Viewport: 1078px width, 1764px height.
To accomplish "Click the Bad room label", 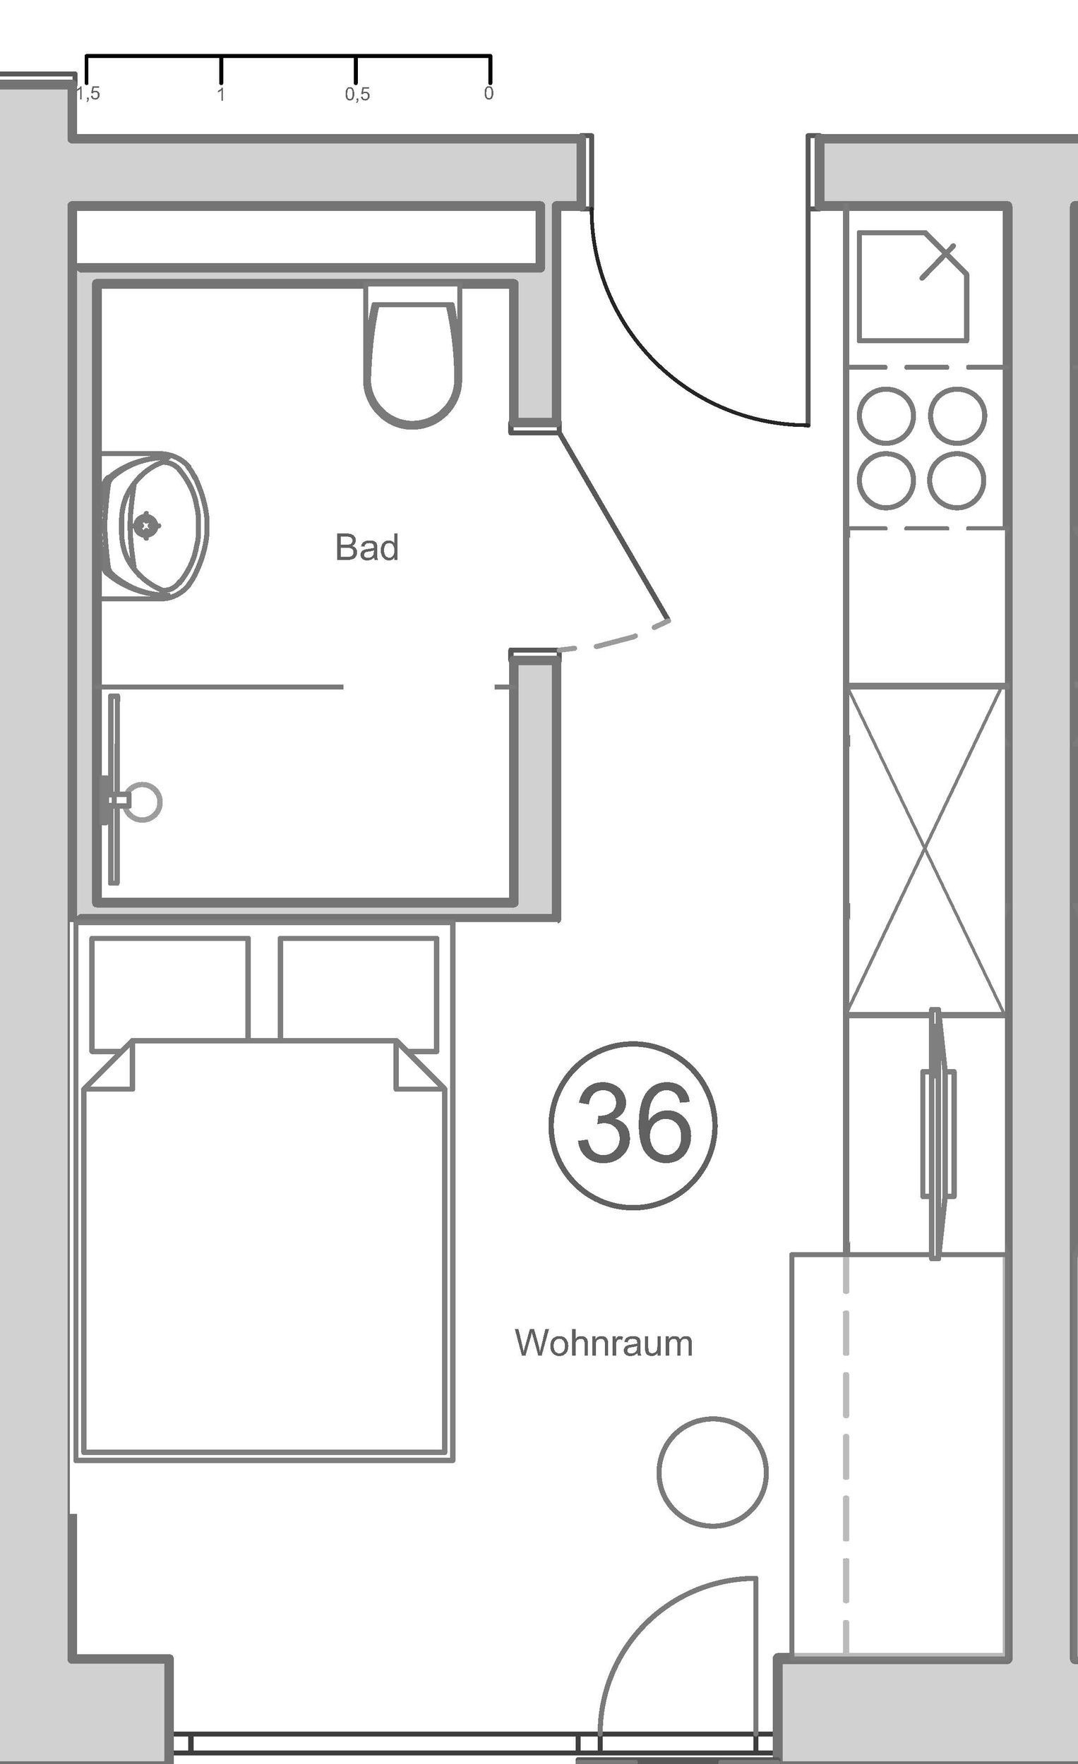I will pyautogui.click(x=366, y=548).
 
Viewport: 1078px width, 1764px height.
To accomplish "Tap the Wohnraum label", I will pyautogui.click(x=604, y=1343).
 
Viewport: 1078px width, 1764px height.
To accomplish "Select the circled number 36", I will pyautogui.click(x=633, y=1125).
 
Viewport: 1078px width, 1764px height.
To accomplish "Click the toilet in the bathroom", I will pyautogui.click(x=412, y=361).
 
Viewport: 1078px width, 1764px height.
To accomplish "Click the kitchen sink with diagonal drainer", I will pyautogui.click(x=913, y=286).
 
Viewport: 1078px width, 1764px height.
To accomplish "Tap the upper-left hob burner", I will pyautogui.click(x=886, y=416).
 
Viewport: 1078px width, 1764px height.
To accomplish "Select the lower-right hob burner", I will pyautogui.click(x=957, y=481).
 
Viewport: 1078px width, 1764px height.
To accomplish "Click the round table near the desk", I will pyautogui.click(x=712, y=1472).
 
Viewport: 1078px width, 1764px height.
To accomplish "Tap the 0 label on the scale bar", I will pyautogui.click(x=489, y=93).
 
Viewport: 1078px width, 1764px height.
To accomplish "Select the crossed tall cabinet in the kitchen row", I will pyautogui.click(x=926, y=850).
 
